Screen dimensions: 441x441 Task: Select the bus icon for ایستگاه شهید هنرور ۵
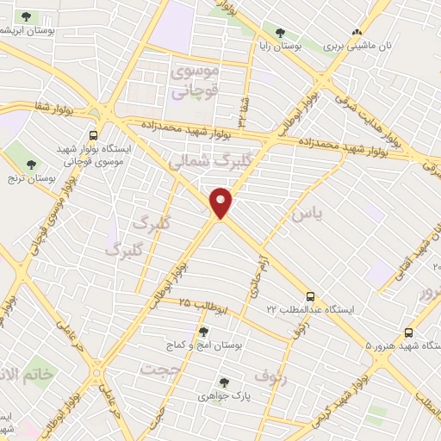[408, 333]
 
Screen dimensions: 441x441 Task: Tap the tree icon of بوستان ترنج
[32, 164]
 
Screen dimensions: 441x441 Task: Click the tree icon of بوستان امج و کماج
[203, 332]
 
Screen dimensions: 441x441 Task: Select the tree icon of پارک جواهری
[223, 382]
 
